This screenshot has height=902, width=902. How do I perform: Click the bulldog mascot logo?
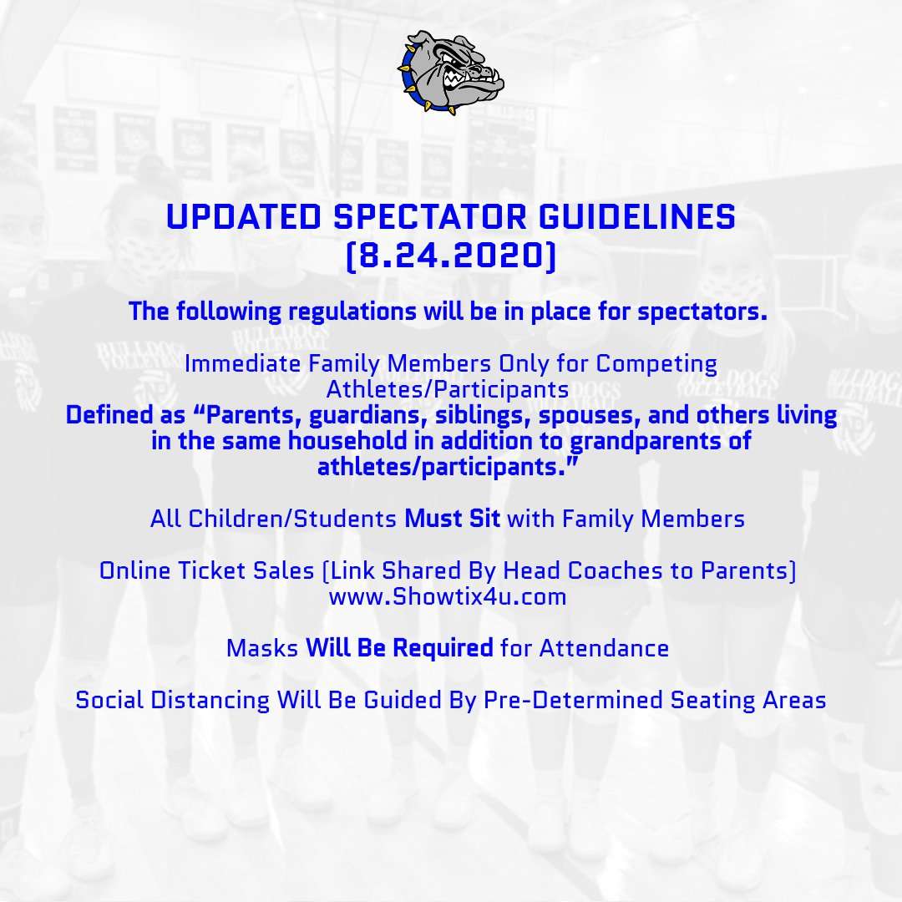tap(451, 71)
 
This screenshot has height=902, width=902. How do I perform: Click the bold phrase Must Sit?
tap(452, 519)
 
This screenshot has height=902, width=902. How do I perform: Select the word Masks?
tap(262, 648)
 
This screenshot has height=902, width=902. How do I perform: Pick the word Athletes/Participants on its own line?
tap(447, 389)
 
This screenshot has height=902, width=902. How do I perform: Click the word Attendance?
tap(604, 648)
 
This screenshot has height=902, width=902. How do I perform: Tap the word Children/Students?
tap(293, 519)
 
